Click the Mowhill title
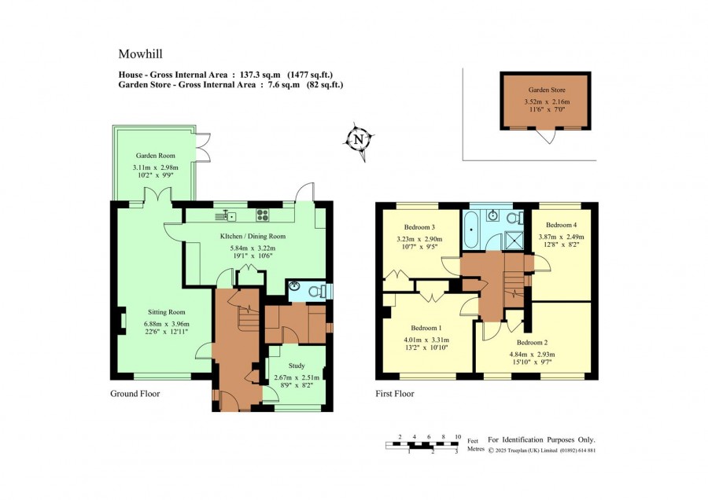(x=141, y=53)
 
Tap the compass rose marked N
(x=360, y=140)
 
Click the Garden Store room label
(x=547, y=90)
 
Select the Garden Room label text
(x=155, y=156)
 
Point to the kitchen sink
(x=227, y=216)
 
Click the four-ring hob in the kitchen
(x=262, y=215)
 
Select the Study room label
(x=297, y=366)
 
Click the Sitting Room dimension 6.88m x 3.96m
(x=167, y=324)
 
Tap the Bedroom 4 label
(x=561, y=225)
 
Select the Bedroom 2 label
(x=533, y=343)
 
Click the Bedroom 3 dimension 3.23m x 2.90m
(x=419, y=239)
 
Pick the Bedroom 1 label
(x=426, y=328)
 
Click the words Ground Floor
(x=135, y=394)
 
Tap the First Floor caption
(x=395, y=394)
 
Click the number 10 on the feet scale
(x=458, y=437)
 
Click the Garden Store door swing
(x=547, y=136)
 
